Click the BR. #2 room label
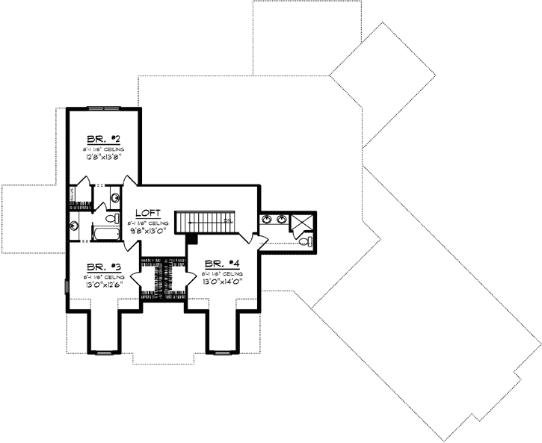[x=102, y=140]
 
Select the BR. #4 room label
[x=221, y=264]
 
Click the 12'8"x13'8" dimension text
[x=102, y=158]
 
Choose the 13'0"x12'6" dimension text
[x=102, y=285]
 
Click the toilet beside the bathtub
[x=112, y=220]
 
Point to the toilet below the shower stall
[x=307, y=241]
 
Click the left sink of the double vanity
[x=268, y=220]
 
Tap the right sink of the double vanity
[x=282, y=220]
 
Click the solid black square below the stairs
[x=191, y=238]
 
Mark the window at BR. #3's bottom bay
[x=103, y=350]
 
